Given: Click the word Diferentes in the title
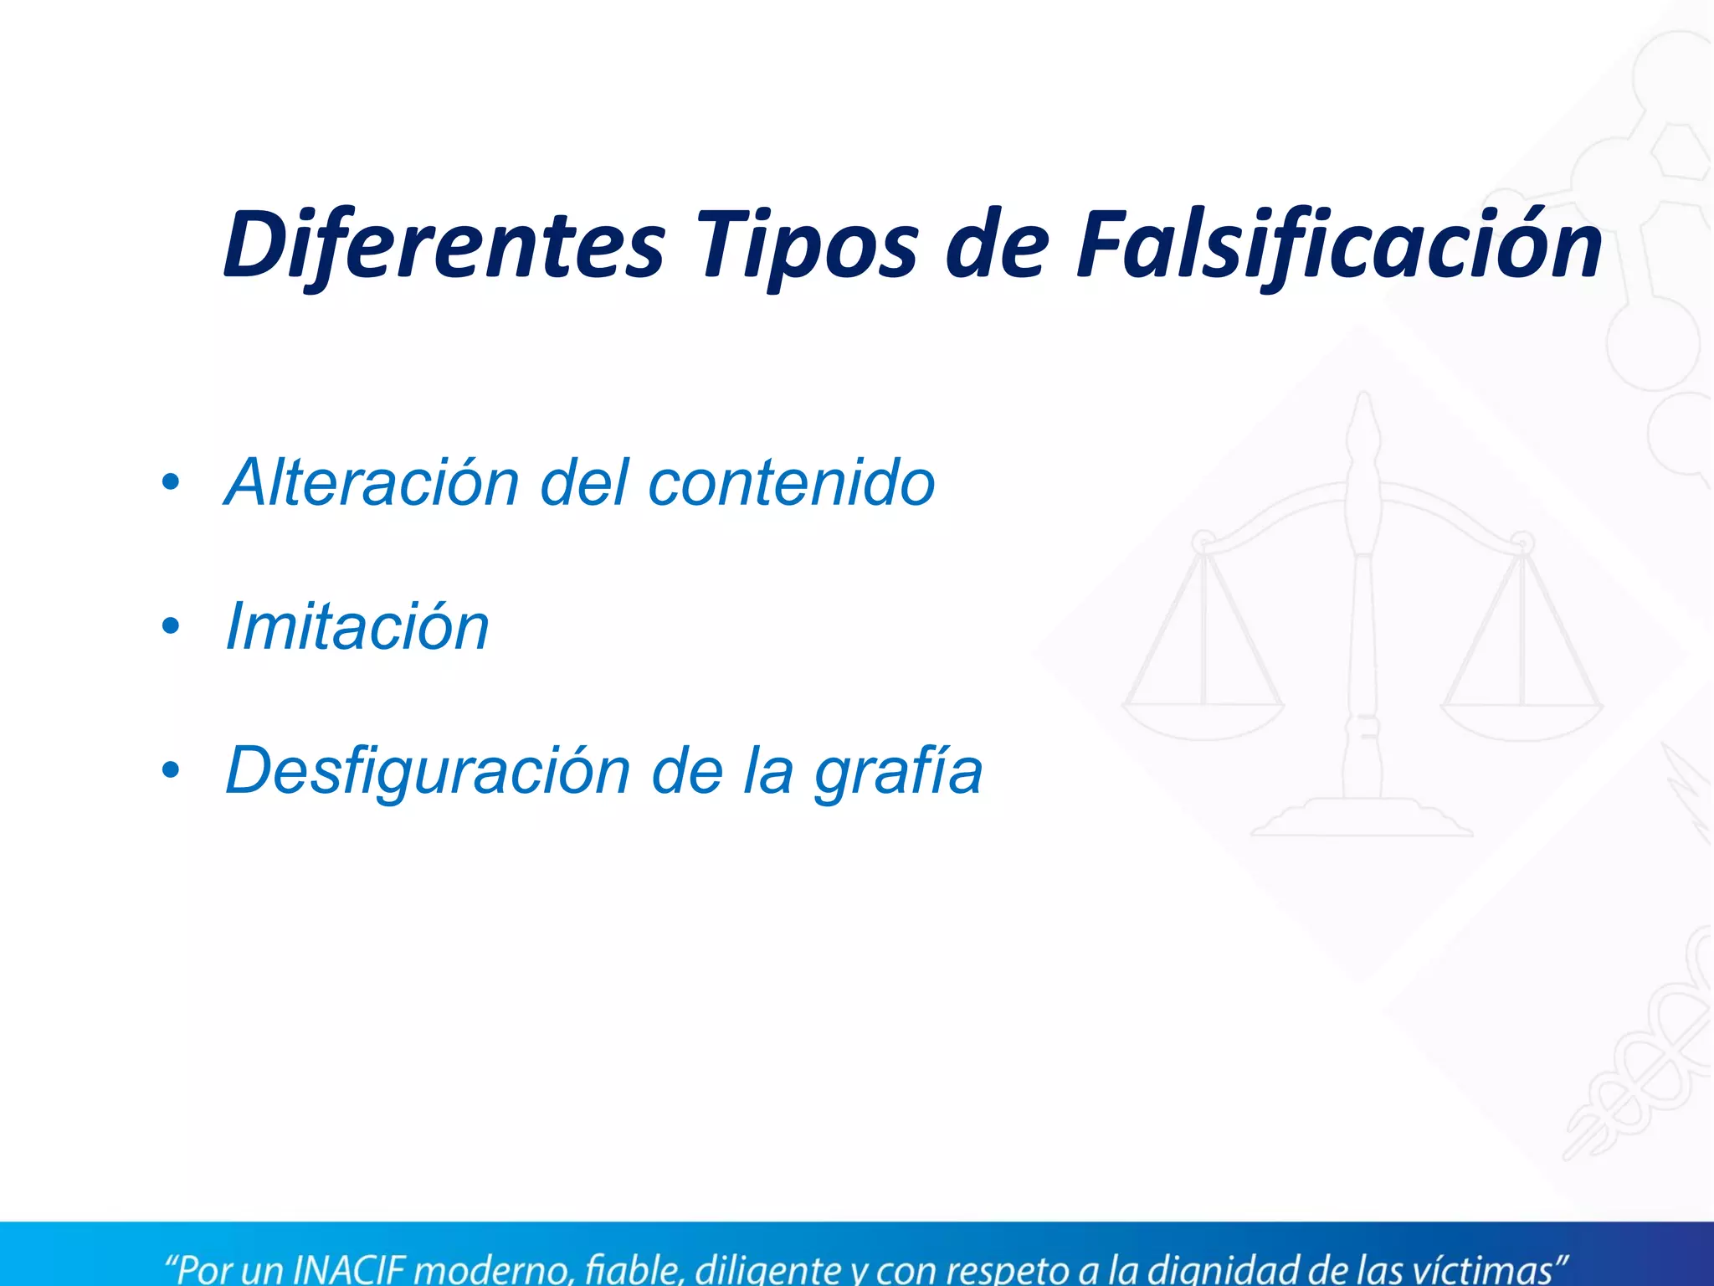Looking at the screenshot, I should click(444, 244).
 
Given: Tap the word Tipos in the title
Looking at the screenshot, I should click(808, 244).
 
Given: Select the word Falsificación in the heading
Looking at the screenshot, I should click(1339, 244).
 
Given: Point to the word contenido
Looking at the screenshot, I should click(791, 483).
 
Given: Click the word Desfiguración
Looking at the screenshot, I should click(428, 771).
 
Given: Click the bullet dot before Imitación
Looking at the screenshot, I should click(171, 627).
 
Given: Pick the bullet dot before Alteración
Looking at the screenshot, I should click(171, 483).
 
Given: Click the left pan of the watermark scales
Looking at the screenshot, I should click(1203, 720).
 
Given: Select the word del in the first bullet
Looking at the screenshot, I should click(584, 483).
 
